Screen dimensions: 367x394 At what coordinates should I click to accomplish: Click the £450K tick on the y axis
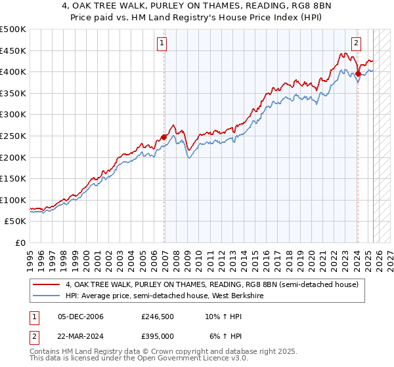(14, 50)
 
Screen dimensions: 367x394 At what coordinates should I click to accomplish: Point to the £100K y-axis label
(14, 200)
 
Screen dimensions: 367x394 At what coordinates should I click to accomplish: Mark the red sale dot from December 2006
(164, 137)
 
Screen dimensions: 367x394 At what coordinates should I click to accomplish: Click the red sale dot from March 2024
(358, 73)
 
